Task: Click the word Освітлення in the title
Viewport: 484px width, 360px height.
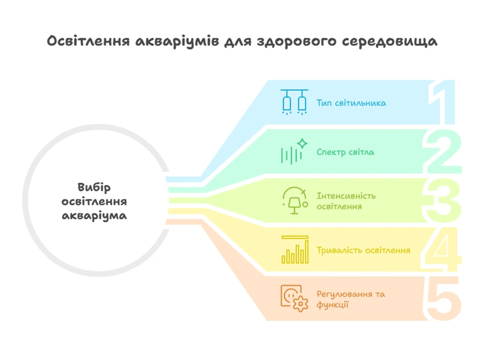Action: pyautogui.click(x=88, y=41)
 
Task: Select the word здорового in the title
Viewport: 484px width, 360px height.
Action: pyautogui.click(x=297, y=42)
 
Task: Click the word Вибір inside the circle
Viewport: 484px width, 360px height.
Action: pyautogui.click(x=94, y=187)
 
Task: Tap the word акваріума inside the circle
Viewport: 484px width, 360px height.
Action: pyautogui.click(x=94, y=216)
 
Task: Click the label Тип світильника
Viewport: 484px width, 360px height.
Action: pyautogui.click(x=351, y=103)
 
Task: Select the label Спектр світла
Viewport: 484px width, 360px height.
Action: pyautogui.click(x=345, y=152)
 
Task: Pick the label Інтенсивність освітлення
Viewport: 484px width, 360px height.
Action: pyautogui.click(x=346, y=201)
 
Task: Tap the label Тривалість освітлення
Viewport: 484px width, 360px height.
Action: pyautogui.click(x=364, y=250)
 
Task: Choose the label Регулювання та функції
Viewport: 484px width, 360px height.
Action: pyautogui.click(x=351, y=299)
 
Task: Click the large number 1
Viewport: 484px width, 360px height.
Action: pyautogui.click(x=442, y=102)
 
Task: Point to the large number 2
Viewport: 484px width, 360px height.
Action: pyautogui.click(x=442, y=151)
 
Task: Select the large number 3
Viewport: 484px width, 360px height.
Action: pyautogui.click(x=442, y=200)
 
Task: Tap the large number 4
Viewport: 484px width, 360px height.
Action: pyautogui.click(x=441, y=249)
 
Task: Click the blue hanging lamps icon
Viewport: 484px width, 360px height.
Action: pyautogui.click(x=294, y=102)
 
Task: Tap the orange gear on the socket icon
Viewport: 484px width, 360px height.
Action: pyautogui.click(x=300, y=304)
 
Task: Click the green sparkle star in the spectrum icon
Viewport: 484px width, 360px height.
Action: pyautogui.click(x=302, y=144)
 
